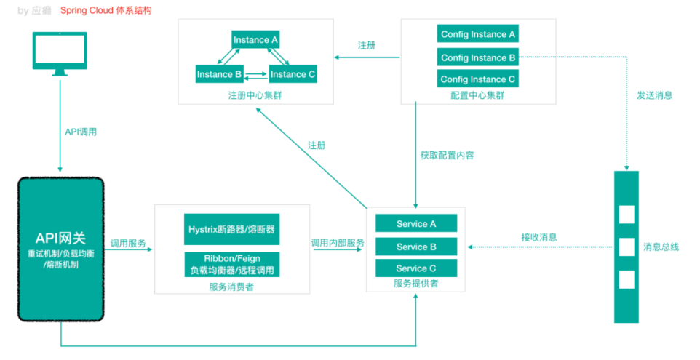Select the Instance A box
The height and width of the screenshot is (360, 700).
[255, 40]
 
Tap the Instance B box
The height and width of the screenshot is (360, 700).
[219, 74]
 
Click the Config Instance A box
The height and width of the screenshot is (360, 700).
[478, 34]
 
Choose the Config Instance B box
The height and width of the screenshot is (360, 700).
[478, 57]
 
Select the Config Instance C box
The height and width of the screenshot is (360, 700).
[478, 79]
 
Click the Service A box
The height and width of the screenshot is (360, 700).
[416, 223]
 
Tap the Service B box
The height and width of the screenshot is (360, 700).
[416, 247]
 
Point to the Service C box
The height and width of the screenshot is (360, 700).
[416, 268]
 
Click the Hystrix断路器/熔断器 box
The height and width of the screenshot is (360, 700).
[232, 229]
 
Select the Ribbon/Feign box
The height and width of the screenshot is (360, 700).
[232, 264]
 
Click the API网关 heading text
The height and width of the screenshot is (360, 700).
[60, 237]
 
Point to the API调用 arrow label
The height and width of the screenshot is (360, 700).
[81, 132]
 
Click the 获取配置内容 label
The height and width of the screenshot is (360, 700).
[447, 155]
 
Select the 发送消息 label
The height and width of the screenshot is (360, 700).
[654, 95]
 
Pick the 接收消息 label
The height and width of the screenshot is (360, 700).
[539, 237]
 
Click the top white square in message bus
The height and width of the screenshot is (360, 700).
[626, 215]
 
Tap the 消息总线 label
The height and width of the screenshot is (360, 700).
[661, 247]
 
